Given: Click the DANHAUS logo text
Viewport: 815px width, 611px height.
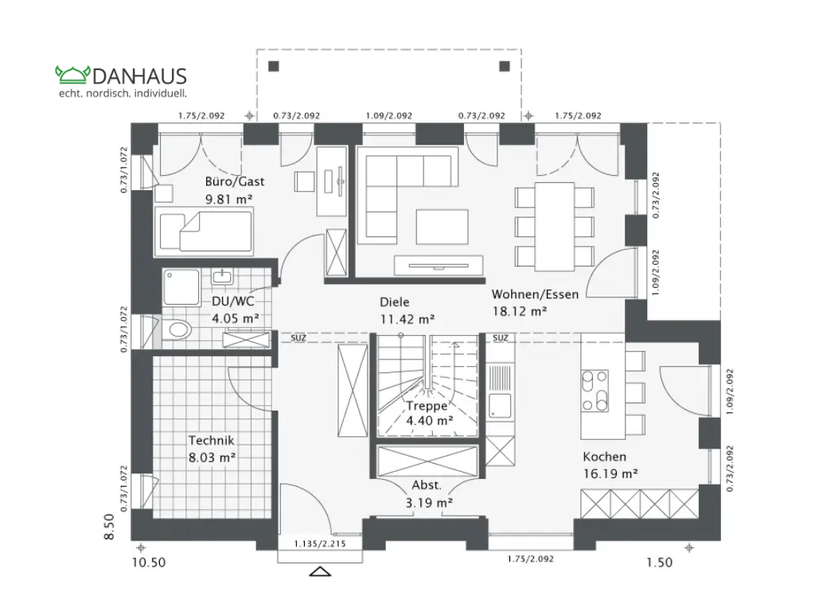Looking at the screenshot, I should [139, 76].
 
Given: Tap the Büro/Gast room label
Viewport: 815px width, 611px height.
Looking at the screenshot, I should [235, 181].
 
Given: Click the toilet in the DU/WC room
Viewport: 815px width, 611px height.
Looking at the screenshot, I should [177, 329].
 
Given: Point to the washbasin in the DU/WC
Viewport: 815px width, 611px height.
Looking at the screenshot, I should [221, 278].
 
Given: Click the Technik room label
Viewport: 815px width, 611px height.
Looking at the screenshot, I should [211, 439].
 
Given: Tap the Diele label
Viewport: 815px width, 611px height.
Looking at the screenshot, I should [394, 302].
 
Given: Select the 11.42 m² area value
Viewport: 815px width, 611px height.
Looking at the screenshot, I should [406, 319].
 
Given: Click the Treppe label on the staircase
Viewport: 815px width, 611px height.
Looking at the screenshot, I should [427, 405].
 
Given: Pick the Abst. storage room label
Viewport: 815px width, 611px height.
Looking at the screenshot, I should [427, 485].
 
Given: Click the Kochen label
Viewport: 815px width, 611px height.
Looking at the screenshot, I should [604, 457].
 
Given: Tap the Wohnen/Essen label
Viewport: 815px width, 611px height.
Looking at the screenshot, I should [535, 294].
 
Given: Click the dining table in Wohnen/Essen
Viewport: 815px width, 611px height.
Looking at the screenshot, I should [554, 226].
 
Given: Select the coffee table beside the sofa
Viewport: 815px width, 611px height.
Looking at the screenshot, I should [442, 226].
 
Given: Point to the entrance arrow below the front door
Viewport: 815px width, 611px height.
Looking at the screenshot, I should [321, 571].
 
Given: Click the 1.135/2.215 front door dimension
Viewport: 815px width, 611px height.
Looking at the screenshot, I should [321, 544].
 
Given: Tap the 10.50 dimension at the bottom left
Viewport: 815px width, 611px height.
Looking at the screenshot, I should [148, 562].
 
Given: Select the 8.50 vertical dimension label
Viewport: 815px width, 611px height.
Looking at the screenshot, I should [110, 527].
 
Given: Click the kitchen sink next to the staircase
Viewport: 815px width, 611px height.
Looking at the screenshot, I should [500, 404].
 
